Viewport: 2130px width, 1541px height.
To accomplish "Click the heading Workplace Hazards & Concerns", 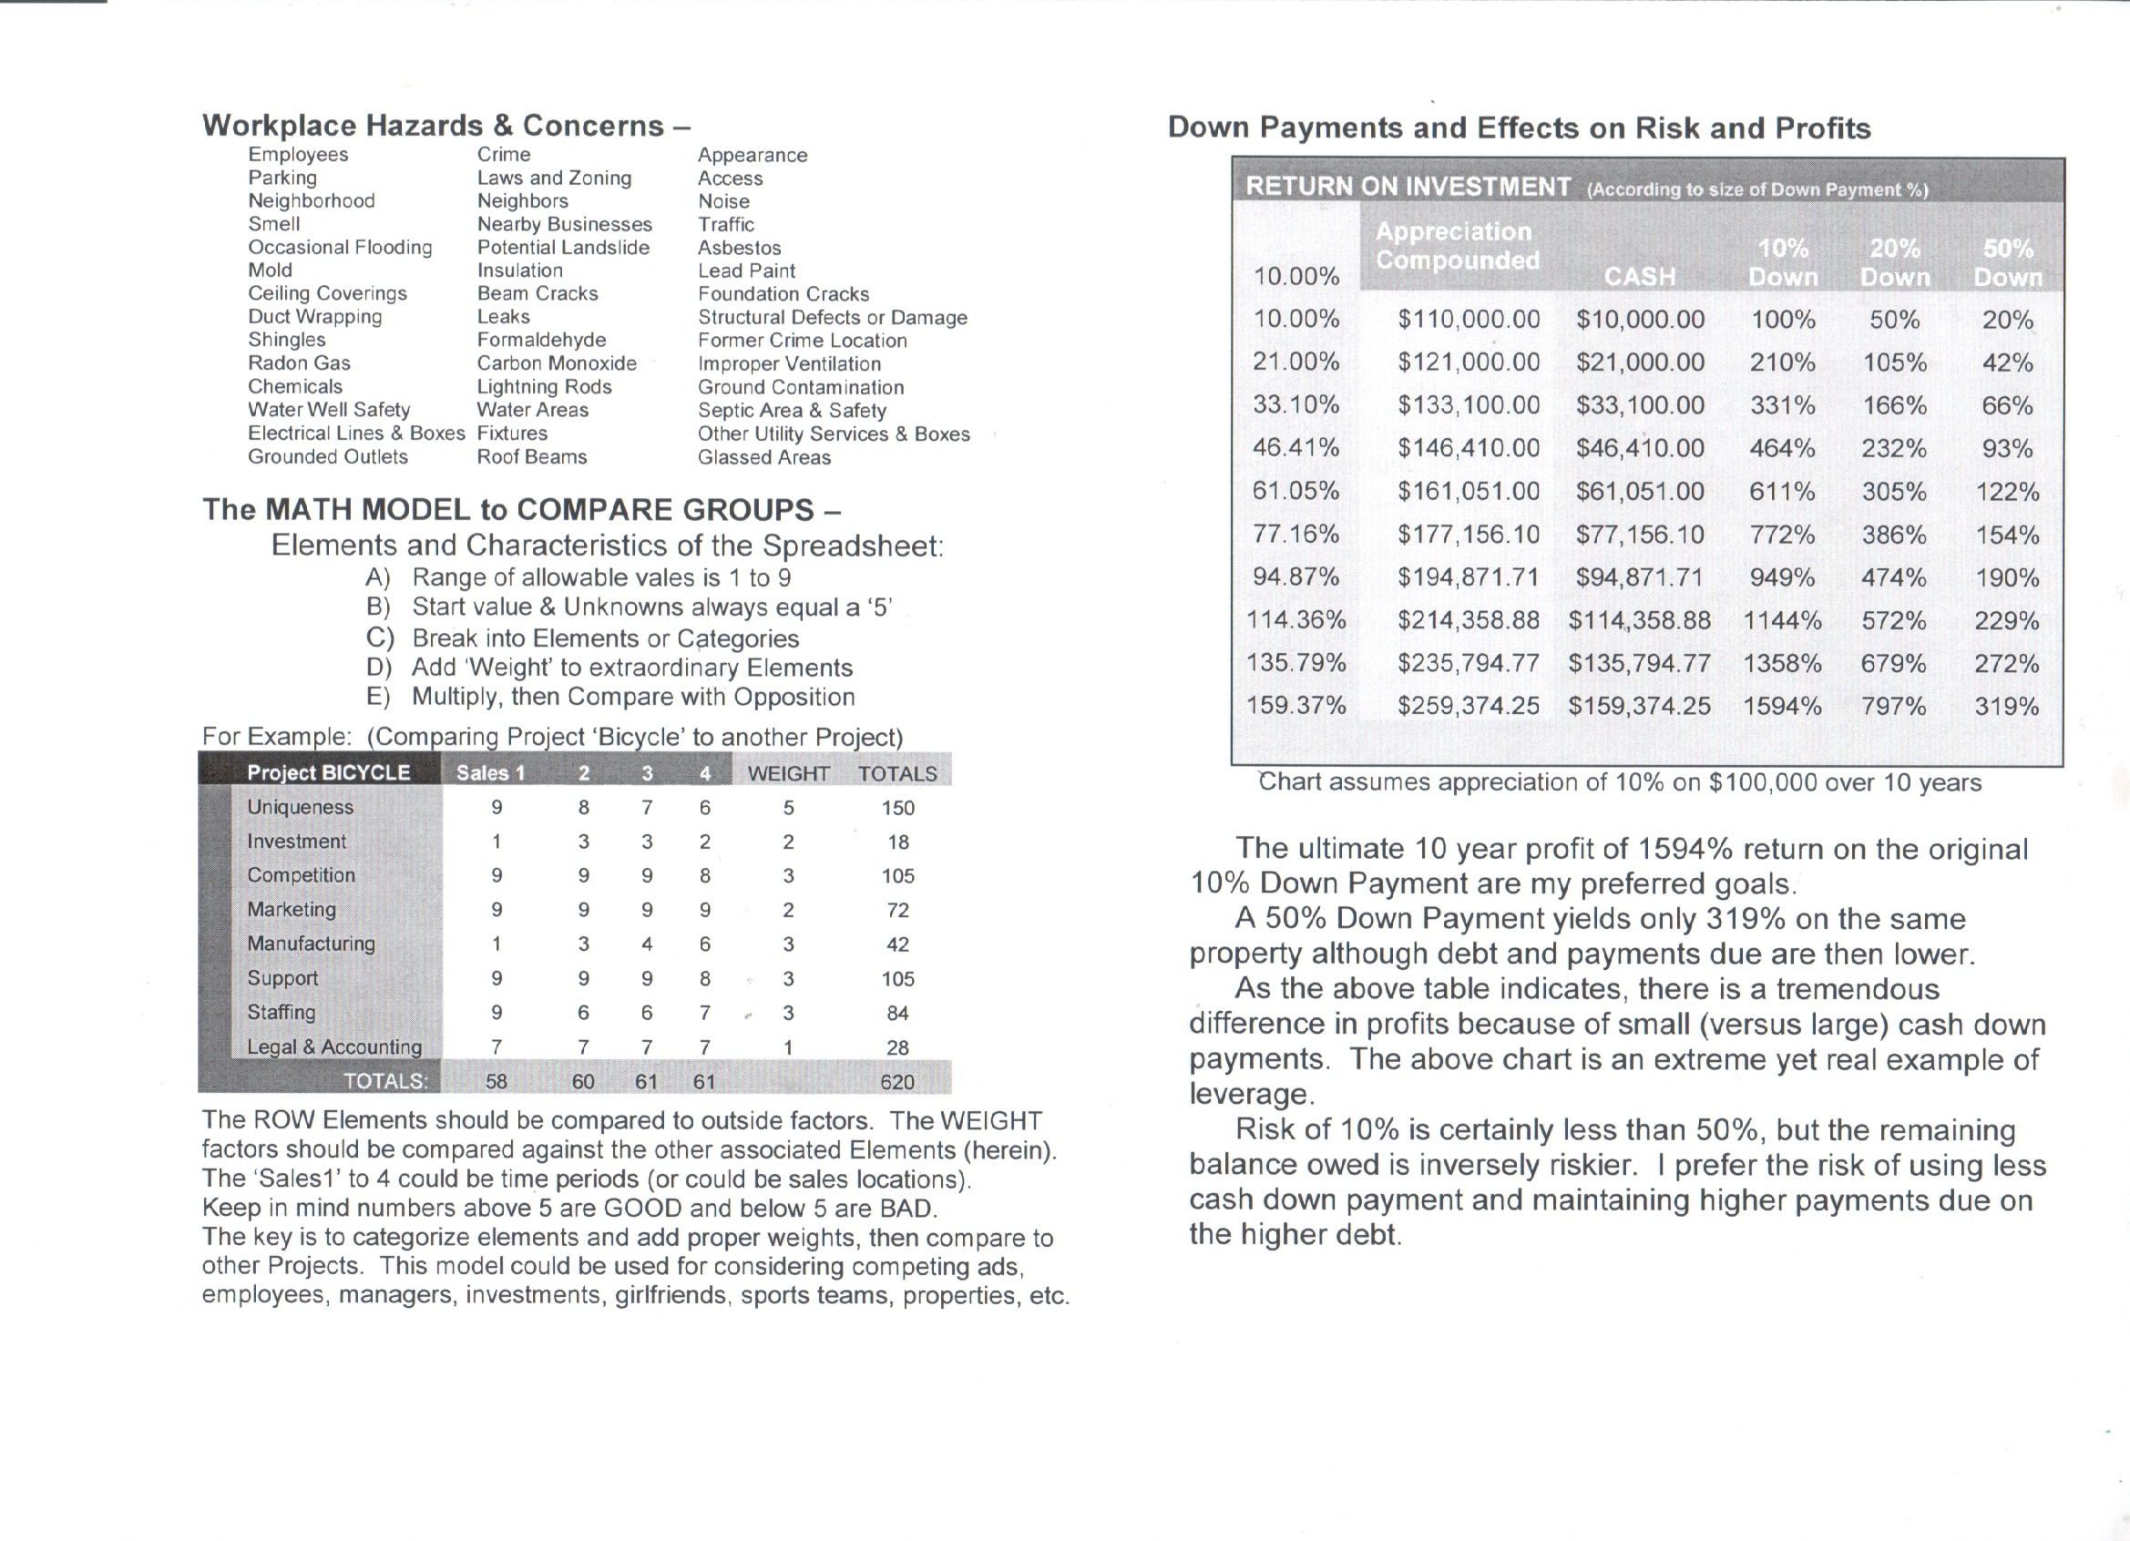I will click(446, 126).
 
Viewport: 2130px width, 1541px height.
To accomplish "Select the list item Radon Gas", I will click(299, 363).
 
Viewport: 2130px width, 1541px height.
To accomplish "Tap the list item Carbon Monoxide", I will click(556, 363).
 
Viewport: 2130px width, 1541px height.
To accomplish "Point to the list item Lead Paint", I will click(746, 271).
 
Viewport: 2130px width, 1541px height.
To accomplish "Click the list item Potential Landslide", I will click(562, 248).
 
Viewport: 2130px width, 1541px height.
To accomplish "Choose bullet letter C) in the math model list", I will click(379, 638).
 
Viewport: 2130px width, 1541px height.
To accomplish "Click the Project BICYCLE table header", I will click(328, 773).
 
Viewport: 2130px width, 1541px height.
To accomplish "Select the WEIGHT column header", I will click(788, 774).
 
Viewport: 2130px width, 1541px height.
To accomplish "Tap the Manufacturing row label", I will click(310, 944).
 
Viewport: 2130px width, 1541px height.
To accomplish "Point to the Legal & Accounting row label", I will click(333, 1047).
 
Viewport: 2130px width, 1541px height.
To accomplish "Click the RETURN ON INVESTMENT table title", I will click(1407, 187).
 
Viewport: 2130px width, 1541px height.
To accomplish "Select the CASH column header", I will click(1639, 277).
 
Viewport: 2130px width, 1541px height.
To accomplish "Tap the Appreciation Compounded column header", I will click(1456, 246).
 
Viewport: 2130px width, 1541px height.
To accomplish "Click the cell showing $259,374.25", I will click(1468, 706).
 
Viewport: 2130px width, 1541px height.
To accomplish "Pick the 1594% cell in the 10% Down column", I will click(1782, 706).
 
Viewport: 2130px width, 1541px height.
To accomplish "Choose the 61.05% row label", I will click(1295, 491).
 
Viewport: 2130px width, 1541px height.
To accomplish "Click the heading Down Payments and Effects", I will click(1518, 128).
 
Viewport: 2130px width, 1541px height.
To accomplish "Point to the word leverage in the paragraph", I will click(1250, 1095).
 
